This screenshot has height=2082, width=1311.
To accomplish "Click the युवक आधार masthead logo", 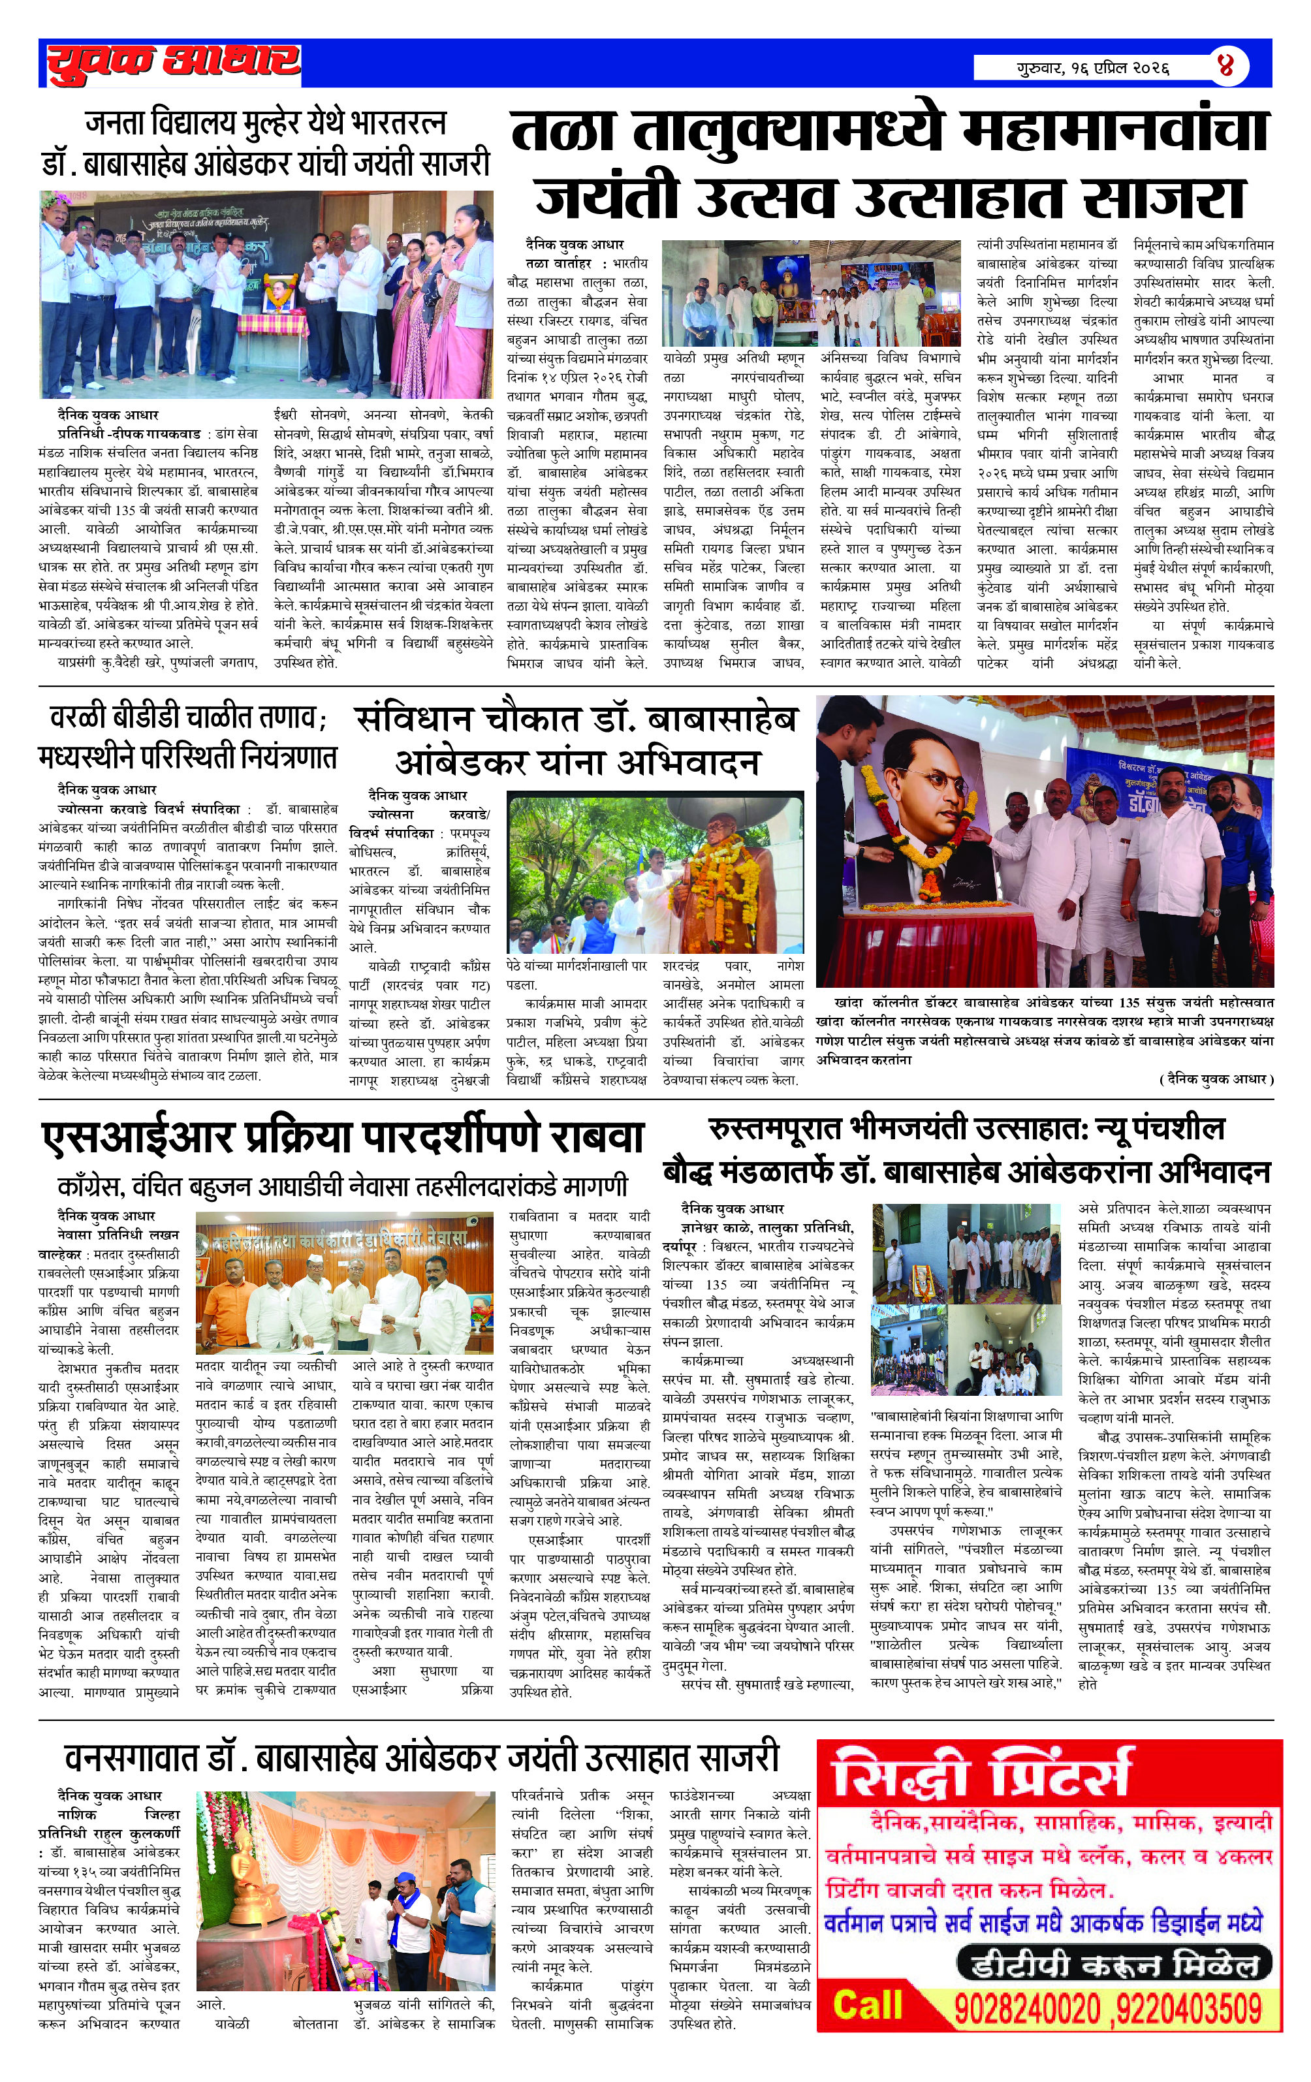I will pos(173,63).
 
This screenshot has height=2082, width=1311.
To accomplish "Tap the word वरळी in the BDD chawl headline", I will pos(79,716).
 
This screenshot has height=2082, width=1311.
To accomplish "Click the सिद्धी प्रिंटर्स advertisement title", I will pos(981,1775).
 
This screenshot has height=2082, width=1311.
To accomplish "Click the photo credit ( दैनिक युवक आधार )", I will pos(1215,1079).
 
